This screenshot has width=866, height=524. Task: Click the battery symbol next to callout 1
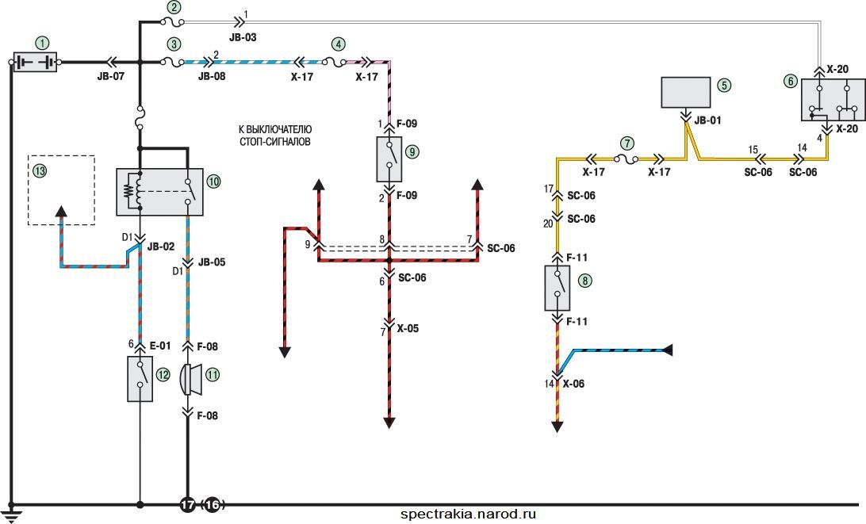(35, 62)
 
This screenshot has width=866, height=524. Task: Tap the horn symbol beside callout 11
(191, 380)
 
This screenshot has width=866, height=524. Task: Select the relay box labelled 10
(159, 192)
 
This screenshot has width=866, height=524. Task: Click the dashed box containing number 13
(61, 190)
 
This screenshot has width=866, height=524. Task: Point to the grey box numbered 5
(686, 92)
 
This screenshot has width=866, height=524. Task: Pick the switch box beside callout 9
(389, 159)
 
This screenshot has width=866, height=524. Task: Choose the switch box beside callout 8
(558, 288)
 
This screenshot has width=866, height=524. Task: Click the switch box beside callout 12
(140, 378)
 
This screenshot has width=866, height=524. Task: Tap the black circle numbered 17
(188, 505)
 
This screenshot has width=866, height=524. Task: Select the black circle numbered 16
(213, 505)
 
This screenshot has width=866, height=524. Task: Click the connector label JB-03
(243, 37)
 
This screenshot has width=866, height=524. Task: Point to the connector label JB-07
(111, 77)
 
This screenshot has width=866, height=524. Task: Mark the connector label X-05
(408, 328)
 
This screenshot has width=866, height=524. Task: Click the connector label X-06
(573, 384)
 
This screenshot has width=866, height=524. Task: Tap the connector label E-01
(160, 346)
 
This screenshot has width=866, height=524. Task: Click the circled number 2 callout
(174, 8)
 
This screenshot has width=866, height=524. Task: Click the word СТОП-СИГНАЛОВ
(275, 142)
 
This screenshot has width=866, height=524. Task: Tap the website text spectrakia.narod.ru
(469, 514)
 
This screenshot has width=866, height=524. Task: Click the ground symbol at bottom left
(11, 514)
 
